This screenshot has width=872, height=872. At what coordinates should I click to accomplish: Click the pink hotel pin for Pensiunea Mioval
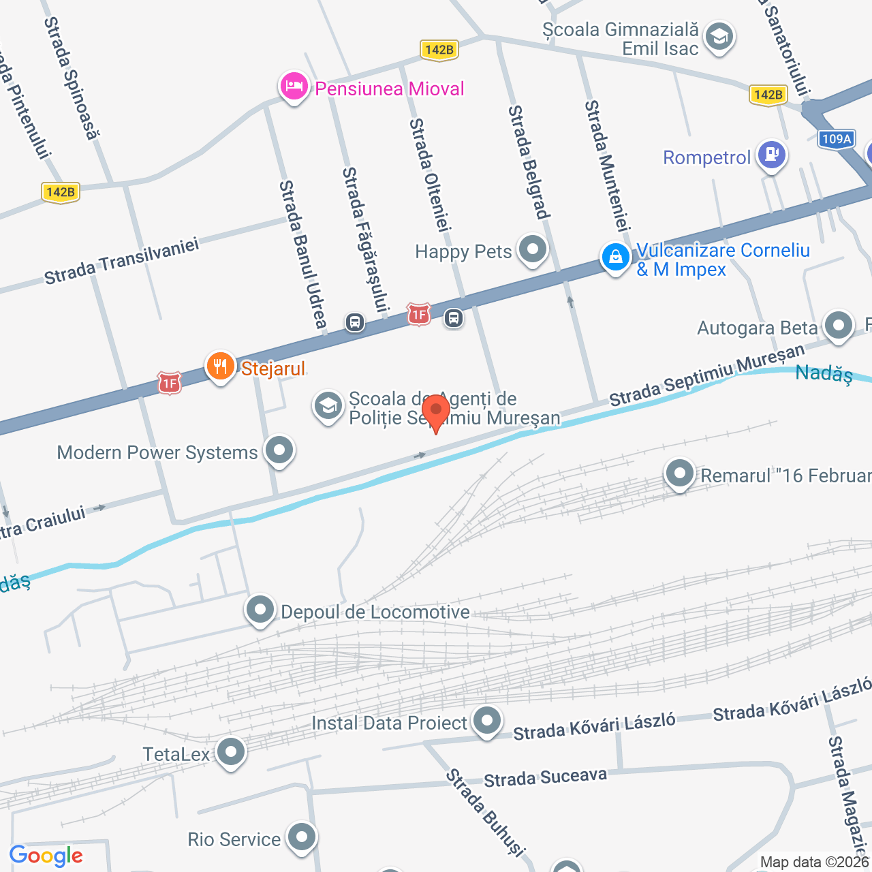pyautogui.click(x=294, y=87)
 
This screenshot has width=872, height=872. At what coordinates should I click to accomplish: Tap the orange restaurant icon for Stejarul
pyautogui.click(x=220, y=367)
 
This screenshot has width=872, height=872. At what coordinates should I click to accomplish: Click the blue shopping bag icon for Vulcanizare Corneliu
pyautogui.click(x=615, y=258)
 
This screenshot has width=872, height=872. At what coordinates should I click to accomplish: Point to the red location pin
pyautogui.click(x=436, y=411)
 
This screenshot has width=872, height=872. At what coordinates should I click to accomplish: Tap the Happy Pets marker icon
pyautogui.click(x=532, y=249)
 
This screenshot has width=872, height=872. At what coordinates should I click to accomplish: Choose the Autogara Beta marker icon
pyautogui.click(x=838, y=326)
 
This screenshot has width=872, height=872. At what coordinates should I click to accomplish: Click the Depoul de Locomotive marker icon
pyautogui.click(x=260, y=610)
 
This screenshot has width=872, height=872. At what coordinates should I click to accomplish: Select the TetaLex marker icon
pyautogui.click(x=231, y=752)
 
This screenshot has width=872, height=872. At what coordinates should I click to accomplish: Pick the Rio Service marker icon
pyautogui.click(x=301, y=837)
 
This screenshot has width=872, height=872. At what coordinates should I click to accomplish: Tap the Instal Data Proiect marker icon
pyautogui.click(x=486, y=721)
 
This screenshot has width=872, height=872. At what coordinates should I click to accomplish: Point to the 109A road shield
pyautogui.click(x=836, y=139)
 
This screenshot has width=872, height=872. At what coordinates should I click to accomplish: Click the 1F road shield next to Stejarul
pyautogui.click(x=169, y=384)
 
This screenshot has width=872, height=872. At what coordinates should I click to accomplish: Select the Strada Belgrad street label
pyautogui.click(x=529, y=162)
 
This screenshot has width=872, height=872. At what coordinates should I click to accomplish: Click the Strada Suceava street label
pyautogui.click(x=545, y=777)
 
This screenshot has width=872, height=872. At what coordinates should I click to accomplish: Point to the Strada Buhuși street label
pyautogui.click(x=485, y=812)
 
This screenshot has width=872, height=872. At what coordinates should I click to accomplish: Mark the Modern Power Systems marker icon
pyautogui.click(x=279, y=450)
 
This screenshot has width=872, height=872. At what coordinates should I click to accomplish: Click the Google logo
pyautogui.click(x=46, y=856)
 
